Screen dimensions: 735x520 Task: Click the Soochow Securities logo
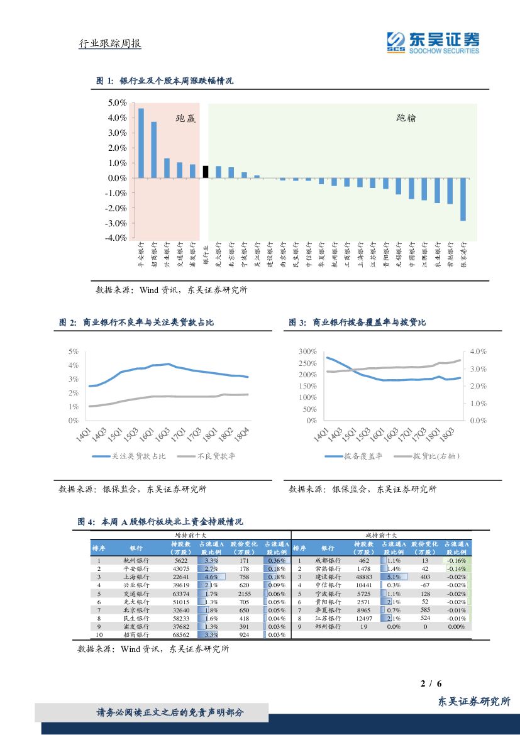(433, 42)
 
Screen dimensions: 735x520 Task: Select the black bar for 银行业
(206, 172)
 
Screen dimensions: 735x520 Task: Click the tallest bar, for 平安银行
(141, 143)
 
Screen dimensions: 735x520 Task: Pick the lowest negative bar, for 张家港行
(463, 199)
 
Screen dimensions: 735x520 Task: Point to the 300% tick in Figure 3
(307, 351)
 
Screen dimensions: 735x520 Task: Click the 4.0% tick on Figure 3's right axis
(479, 351)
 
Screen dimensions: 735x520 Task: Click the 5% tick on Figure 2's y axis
(74, 351)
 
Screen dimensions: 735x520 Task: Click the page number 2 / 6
(431, 683)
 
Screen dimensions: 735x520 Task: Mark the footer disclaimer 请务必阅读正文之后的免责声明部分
(170, 712)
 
